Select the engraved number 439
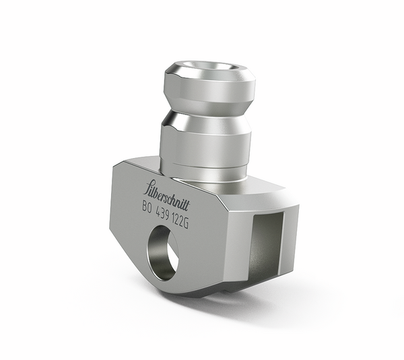coord(166,209)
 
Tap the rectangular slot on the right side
coord(264,246)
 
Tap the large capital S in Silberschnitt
coord(149,187)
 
